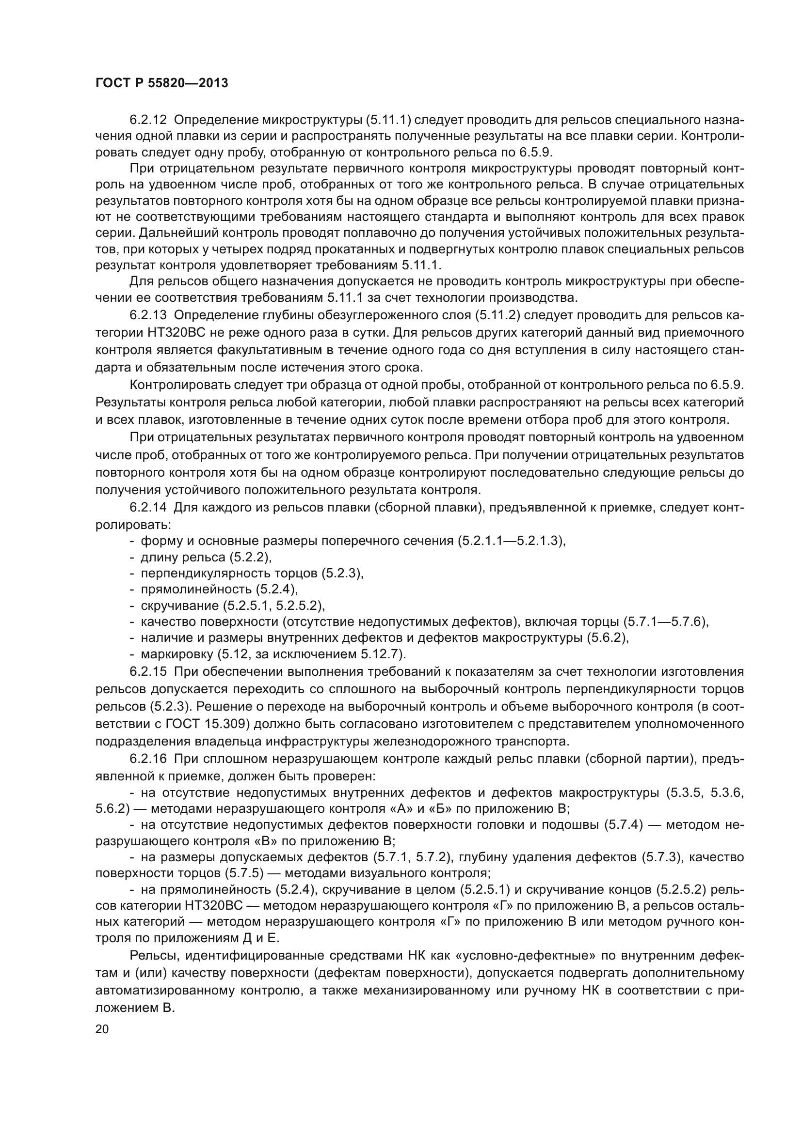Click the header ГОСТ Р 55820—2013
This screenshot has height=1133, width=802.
tap(161, 83)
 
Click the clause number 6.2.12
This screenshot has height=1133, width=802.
tap(148, 120)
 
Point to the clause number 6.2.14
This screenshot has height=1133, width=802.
tap(148, 507)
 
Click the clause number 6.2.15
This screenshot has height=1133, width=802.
tap(148, 671)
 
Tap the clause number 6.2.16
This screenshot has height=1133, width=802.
tap(148, 759)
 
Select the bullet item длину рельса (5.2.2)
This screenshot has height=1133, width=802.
tap(206, 557)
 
